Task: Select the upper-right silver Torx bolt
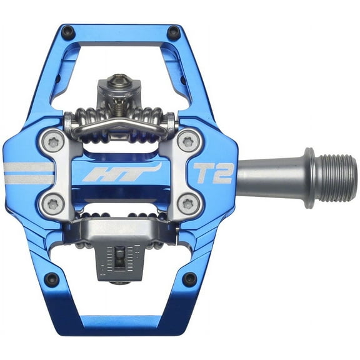187,141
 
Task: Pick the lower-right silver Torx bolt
187,203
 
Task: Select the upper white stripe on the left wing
28,167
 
